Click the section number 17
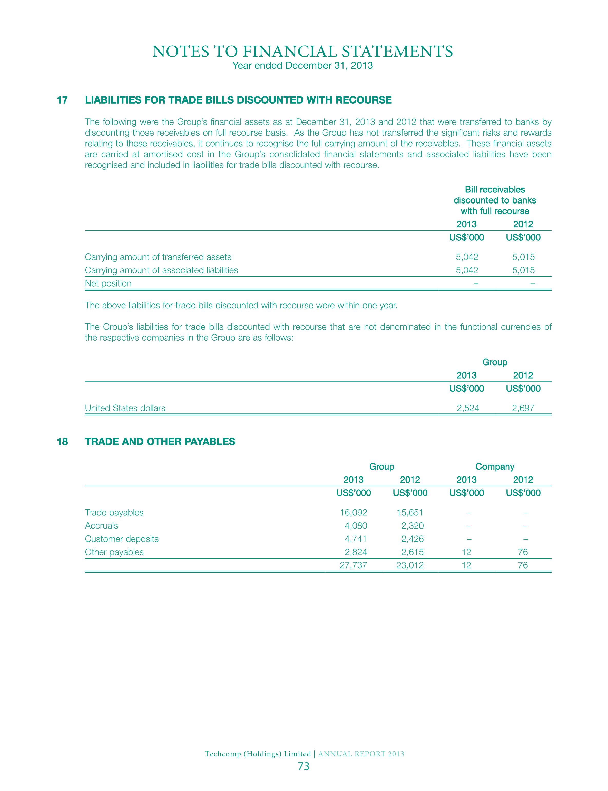point(62,100)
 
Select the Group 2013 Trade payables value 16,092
point(353,513)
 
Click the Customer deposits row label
point(122,539)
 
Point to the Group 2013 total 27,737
point(353,565)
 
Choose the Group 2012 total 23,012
point(410,565)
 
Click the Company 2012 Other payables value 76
point(523,552)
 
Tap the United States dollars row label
point(125,408)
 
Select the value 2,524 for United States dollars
point(468,408)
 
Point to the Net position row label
point(108,283)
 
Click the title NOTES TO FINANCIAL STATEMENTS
point(302,52)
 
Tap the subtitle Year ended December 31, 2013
point(302,66)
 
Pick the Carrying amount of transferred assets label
point(158,257)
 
